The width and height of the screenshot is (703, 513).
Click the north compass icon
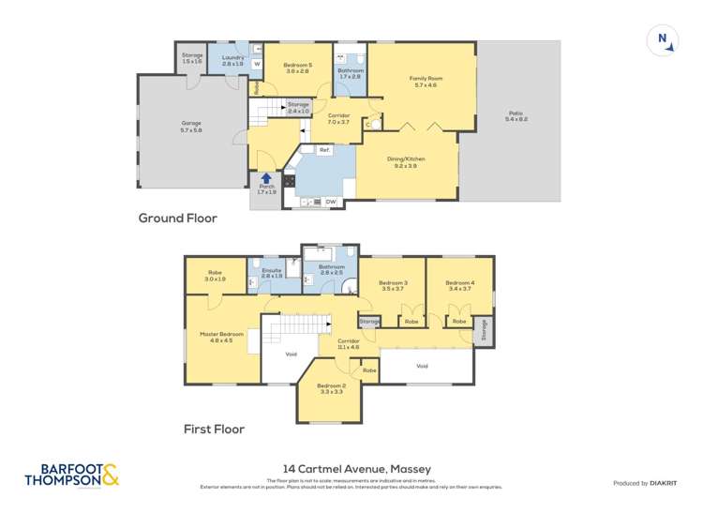(663, 39)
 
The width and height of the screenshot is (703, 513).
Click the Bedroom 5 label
(298, 67)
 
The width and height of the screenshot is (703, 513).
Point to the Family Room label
(424, 82)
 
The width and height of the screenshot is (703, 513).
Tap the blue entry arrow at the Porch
(266, 177)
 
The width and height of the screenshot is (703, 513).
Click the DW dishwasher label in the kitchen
(330, 201)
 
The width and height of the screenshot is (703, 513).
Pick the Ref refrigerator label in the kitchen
(323, 150)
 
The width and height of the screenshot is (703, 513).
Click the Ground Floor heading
(178, 219)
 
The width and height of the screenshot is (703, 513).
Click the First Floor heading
(214, 430)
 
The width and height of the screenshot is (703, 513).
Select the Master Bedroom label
(221, 337)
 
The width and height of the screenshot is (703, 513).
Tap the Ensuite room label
(272, 274)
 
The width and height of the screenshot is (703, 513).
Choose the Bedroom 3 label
(393, 286)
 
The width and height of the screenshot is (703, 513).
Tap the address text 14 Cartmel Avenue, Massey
(351, 469)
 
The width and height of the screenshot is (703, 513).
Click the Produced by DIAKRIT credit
(644, 483)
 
